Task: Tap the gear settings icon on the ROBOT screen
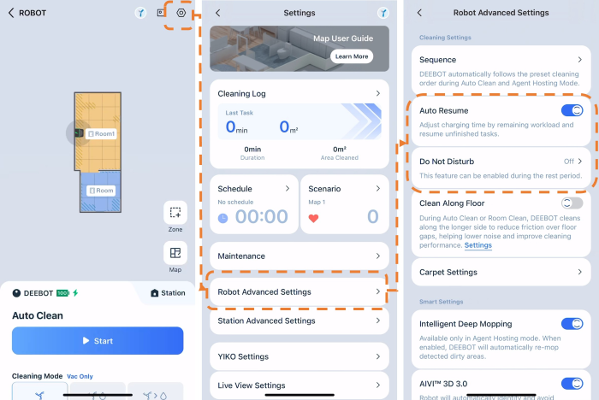pos(181,13)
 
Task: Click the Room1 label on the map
pos(101,133)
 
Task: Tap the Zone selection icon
pos(175,212)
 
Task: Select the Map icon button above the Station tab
pos(175,253)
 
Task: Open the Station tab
pos(168,293)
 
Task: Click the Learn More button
pos(352,56)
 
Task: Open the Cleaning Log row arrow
pos(378,93)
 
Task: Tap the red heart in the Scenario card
pos(313,218)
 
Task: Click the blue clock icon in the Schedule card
pos(222,218)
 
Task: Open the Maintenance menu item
pos(299,256)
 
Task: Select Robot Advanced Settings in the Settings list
pos(299,292)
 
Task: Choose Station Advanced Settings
pos(299,321)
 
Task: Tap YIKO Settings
pos(299,356)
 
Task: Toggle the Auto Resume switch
pos(572,111)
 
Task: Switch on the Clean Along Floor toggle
pos(572,203)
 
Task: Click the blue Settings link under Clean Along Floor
pos(477,245)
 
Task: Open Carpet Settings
pos(501,272)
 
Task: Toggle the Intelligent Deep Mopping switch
pos(572,324)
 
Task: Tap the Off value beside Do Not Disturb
pos(569,162)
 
